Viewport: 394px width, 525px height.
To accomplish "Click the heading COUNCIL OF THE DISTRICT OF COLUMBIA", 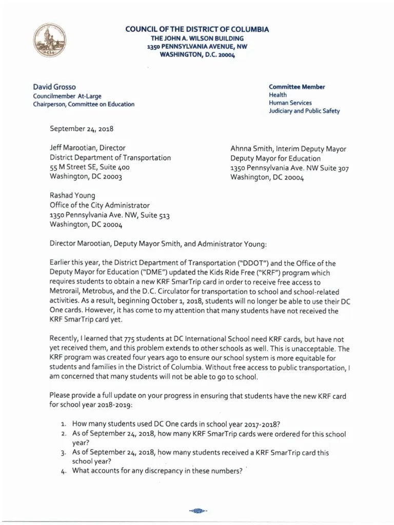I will click(197, 30).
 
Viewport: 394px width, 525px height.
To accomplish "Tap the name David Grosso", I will click(55, 87).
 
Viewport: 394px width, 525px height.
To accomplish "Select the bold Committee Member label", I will click(297, 87).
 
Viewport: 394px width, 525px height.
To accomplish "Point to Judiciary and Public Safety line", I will click(304, 111).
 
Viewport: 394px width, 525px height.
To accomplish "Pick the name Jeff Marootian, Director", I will click(87, 148).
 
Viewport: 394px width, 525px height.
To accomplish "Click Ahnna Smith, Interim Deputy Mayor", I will click(288, 149).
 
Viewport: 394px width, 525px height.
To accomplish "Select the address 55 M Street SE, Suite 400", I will click(89, 167).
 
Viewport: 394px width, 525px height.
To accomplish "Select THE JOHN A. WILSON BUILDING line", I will click(197, 38).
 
